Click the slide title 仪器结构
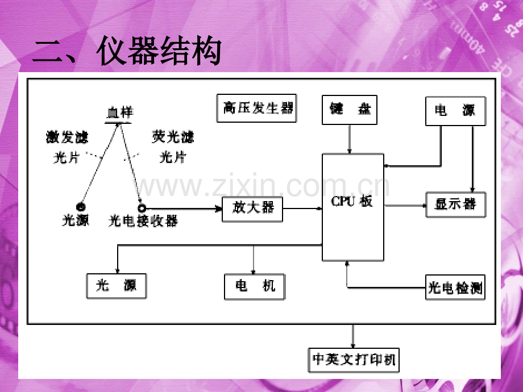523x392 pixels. point(126,52)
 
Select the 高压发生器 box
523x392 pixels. point(258,108)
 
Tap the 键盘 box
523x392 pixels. point(350,109)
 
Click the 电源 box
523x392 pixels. point(456,110)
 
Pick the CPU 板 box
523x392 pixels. point(352,207)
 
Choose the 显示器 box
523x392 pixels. point(456,204)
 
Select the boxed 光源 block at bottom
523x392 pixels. point(117,286)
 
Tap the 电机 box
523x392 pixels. point(255,286)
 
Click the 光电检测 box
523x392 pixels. point(455,289)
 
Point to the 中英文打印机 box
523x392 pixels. point(354,360)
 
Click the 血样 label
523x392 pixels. point(119,113)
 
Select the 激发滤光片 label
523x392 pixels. point(67,147)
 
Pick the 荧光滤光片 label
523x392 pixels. point(173,147)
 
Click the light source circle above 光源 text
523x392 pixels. point(81,207)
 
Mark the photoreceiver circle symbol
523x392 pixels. point(141,208)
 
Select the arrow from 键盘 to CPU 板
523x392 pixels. point(350,139)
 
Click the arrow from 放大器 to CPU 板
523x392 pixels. point(302,208)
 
